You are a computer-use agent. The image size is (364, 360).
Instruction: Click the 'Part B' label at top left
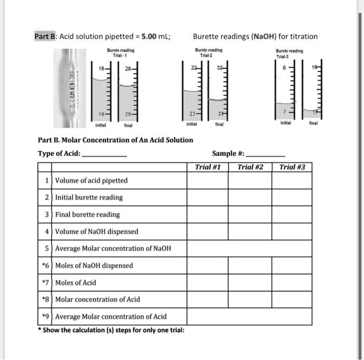pos(46,36)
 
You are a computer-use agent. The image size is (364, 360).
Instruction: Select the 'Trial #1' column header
pos(208,168)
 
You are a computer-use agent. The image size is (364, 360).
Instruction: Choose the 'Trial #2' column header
pos(250,168)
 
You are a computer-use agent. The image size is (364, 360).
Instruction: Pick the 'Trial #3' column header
pos(292,168)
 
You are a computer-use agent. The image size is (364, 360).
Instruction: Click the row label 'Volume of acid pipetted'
pos(91,181)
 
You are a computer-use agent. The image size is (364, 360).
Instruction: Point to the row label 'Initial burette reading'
pos(89,198)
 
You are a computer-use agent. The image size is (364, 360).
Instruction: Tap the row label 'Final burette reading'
pos(88,214)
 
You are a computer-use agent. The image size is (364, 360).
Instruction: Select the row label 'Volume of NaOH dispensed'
pos(97,231)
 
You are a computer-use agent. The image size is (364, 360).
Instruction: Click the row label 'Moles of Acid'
pos(76,282)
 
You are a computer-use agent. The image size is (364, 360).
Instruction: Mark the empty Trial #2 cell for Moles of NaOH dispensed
pos(250,265)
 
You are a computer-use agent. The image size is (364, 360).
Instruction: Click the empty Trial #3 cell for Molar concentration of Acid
pos(292,299)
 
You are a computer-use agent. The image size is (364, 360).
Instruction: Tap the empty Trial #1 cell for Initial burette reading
pos(208,198)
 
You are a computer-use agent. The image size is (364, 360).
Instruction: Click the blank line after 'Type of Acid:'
pos(104,156)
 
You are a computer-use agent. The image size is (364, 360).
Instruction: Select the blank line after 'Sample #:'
pos(266,156)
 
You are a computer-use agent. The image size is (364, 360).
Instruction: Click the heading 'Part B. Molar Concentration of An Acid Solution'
pos(115,140)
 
